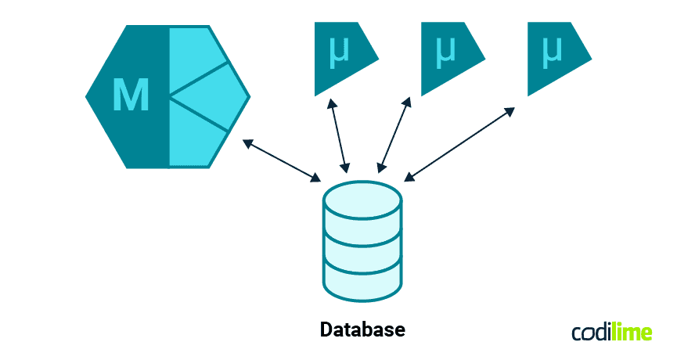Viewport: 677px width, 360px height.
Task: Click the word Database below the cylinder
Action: click(x=362, y=329)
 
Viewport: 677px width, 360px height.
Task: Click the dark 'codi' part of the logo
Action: click(x=593, y=333)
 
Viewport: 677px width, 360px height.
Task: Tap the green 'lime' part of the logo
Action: click(x=634, y=333)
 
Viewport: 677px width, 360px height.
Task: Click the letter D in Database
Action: click(x=327, y=329)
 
